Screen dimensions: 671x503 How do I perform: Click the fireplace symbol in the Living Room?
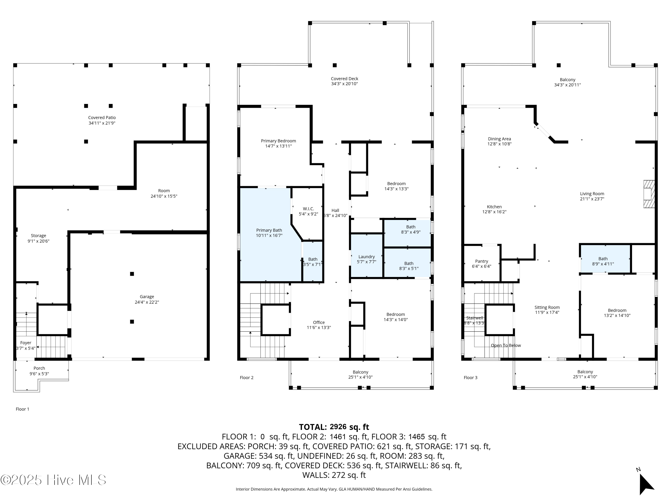pyautogui.click(x=649, y=194)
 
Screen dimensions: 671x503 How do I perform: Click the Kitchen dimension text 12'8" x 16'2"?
pyautogui.click(x=495, y=212)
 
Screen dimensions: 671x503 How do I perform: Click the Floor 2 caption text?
pyautogui.click(x=247, y=378)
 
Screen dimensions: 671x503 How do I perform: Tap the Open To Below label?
pyautogui.click(x=506, y=345)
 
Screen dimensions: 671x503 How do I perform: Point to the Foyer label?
pyautogui.click(x=26, y=343)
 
